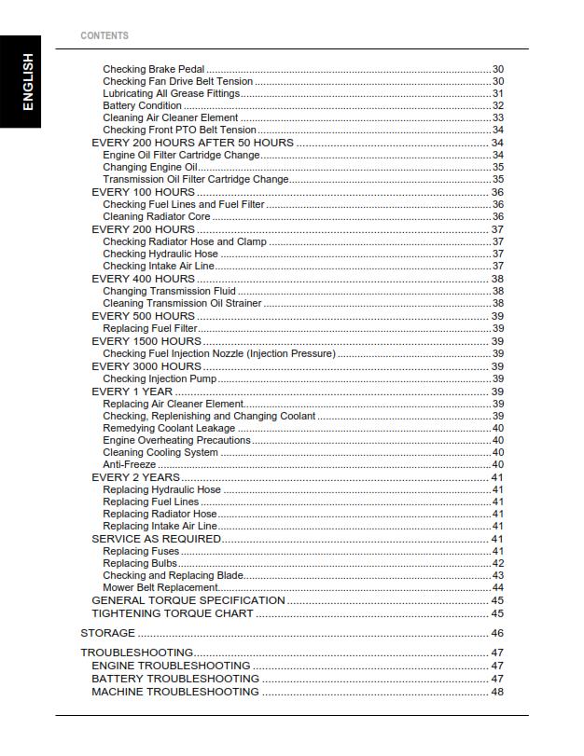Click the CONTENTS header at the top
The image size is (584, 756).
pyautogui.click(x=104, y=35)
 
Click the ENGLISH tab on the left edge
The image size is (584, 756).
pyautogui.click(x=28, y=82)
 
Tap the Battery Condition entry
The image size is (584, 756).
pyautogui.click(x=142, y=106)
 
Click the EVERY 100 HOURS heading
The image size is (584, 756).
pyautogui.click(x=143, y=192)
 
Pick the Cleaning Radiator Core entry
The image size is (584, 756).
pyautogui.click(x=157, y=217)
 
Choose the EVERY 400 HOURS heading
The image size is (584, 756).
pyautogui.click(x=143, y=279)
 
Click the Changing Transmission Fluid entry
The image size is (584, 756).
pyautogui.click(x=169, y=291)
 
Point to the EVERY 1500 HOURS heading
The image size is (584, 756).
pyautogui.click(x=146, y=341)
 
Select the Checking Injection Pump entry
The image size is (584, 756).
pyautogui.click(x=160, y=378)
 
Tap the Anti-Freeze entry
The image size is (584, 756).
pyautogui.click(x=129, y=464)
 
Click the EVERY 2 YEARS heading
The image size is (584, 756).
pyautogui.click(x=135, y=477)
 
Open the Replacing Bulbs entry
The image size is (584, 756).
pyautogui.click(x=139, y=563)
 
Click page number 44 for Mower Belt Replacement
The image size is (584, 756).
pyautogui.click(x=497, y=588)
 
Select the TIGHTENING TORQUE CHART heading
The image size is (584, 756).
pyautogui.click(x=172, y=613)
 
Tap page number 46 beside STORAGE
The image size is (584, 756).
pyautogui.click(x=497, y=634)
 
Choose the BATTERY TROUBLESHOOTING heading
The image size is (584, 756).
pyautogui.click(x=175, y=679)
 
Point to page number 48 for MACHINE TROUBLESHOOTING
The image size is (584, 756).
pyautogui.click(x=497, y=692)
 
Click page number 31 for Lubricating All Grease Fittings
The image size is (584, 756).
pyautogui.click(x=497, y=94)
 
